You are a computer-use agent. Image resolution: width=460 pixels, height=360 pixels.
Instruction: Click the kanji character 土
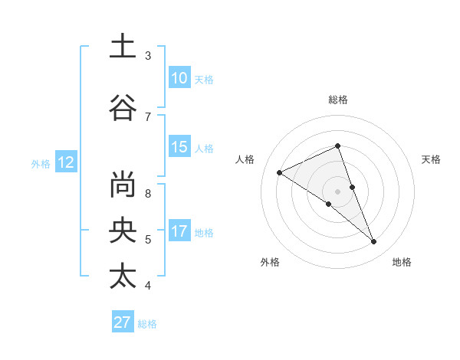pyautogui.click(x=123, y=47)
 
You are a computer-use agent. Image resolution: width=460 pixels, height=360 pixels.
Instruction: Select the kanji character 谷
pyautogui.click(x=123, y=107)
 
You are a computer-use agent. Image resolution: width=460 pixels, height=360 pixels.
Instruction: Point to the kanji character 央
pyautogui.click(x=123, y=230)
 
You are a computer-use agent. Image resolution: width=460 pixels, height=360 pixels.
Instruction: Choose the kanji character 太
pyautogui.click(x=123, y=276)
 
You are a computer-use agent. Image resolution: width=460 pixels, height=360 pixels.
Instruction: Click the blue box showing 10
pyautogui.click(x=179, y=78)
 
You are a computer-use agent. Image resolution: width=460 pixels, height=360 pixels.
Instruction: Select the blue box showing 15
pyautogui.click(x=179, y=148)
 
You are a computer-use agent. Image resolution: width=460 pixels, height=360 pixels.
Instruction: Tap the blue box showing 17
pyautogui.click(x=179, y=231)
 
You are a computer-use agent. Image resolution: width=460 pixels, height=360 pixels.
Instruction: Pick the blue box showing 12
pyautogui.click(x=66, y=162)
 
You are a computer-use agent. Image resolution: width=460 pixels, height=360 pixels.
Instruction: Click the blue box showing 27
pyautogui.click(x=123, y=322)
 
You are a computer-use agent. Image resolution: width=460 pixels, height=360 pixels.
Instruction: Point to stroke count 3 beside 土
pyautogui.click(x=148, y=56)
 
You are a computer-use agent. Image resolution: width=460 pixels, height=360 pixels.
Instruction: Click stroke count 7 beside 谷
pyautogui.click(x=148, y=116)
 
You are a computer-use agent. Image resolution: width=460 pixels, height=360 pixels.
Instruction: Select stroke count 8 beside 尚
pyautogui.click(x=148, y=193)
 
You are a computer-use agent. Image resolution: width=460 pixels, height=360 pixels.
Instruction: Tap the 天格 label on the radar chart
pyautogui.click(x=431, y=159)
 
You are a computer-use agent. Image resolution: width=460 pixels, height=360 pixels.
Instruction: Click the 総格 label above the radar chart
pyautogui.click(x=338, y=100)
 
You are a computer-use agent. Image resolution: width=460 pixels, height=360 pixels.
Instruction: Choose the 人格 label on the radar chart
pyautogui.click(x=245, y=159)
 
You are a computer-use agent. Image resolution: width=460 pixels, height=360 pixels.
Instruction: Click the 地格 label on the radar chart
pyautogui.click(x=402, y=262)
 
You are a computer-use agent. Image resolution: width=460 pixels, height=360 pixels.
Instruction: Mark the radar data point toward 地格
pyautogui.click(x=374, y=242)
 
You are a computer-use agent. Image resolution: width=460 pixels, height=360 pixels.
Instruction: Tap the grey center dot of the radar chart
pyautogui.click(x=338, y=191)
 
